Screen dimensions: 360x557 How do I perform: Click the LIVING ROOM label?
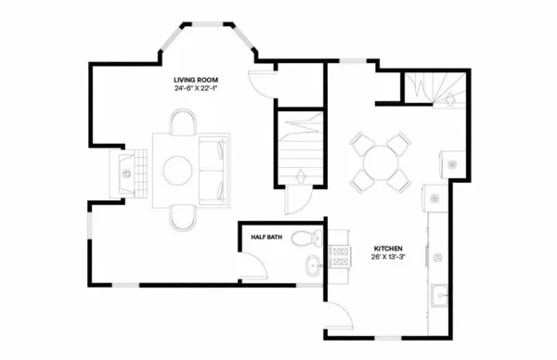(196, 81)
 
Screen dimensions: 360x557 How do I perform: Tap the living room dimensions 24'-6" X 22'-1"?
(196, 90)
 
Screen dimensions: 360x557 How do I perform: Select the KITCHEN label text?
(387, 249)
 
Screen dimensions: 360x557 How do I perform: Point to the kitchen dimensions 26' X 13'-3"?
(387, 258)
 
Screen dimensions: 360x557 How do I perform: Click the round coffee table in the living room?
(178, 170)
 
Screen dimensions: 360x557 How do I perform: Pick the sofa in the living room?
(214, 170)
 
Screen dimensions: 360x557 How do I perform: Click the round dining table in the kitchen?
(381, 164)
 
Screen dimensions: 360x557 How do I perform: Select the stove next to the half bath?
(339, 257)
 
